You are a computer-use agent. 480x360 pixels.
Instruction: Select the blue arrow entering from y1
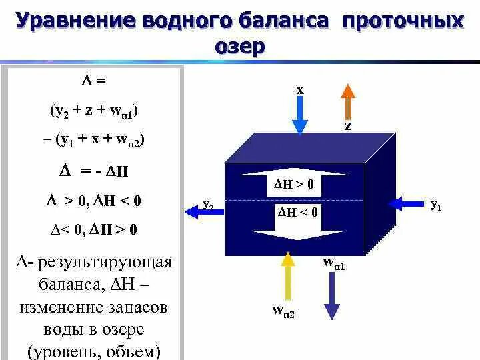tap(408, 201)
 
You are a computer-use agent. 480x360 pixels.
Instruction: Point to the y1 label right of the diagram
tap(436, 205)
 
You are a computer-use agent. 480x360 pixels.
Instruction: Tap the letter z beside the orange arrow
tap(348, 125)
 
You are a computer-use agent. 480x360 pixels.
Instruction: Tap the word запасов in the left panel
tap(135, 308)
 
